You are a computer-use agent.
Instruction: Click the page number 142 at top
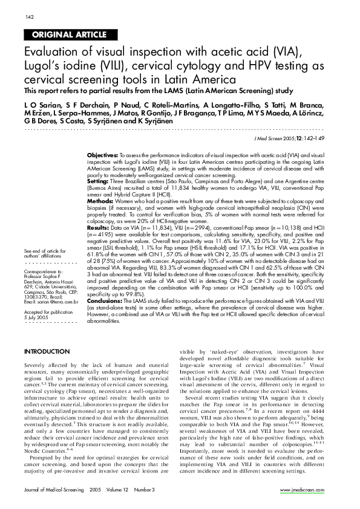coord(28,16)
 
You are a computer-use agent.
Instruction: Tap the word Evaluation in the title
coord(53,51)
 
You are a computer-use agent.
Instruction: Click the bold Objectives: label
coord(102,155)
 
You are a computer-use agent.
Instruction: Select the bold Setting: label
coord(99,180)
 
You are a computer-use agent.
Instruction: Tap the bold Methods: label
coord(101,199)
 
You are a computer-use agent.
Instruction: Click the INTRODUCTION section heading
coord(47,351)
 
